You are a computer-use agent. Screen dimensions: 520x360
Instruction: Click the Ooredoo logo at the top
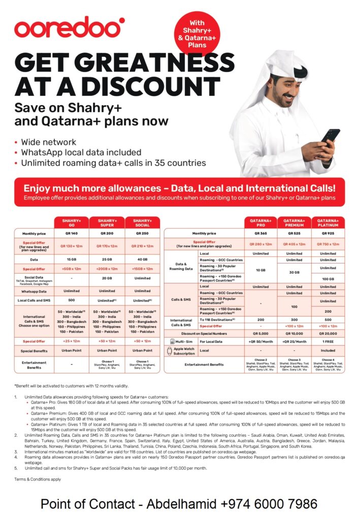pyautogui.click(x=69, y=28)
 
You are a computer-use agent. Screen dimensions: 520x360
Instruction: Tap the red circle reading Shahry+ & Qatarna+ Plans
pyautogui.click(x=197, y=33)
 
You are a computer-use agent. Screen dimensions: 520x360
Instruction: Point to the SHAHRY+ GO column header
pyautogui.click(x=72, y=222)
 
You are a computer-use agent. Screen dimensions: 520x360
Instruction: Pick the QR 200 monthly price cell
pyautogui.click(x=107, y=233)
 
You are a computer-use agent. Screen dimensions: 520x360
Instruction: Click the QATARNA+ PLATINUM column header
pyautogui.click(x=328, y=222)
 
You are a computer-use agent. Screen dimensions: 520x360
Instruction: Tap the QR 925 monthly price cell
pyautogui.click(x=328, y=233)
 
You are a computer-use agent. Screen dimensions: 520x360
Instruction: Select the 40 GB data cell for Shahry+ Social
pyautogui.click(x=142, y=259)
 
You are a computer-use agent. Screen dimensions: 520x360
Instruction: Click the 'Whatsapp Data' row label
pyautogui.click(x=34, y=291)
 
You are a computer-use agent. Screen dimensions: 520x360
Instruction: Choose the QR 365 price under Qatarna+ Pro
pyautogui.click(x=260, y=233)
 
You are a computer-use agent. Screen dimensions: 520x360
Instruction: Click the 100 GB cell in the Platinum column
pyautogui.click(x=328, y=279)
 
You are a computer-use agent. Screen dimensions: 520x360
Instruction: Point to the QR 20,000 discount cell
pyautogui.click(x=328, y=333)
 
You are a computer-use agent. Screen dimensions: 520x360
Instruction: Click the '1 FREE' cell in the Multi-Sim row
pyautogui.click(x=328, y=341)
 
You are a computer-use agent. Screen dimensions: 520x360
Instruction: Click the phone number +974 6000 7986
pyautogui.click(x=269, y=504)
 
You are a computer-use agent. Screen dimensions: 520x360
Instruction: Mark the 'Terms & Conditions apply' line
pyautogui.click(x=38, y=479)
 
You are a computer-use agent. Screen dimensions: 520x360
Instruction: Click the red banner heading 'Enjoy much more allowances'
pyautogui.click(x=179, y=188)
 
